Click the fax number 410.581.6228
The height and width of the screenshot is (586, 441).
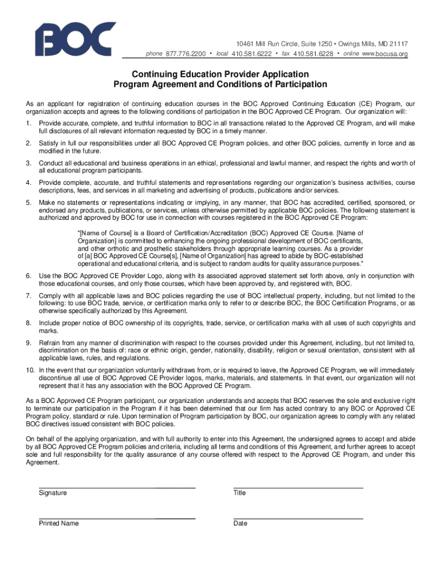313,54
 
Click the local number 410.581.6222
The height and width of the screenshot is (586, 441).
251,54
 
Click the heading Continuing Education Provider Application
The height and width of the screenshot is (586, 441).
220,74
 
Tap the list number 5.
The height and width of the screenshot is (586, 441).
29,203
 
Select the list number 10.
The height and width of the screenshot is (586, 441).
30,370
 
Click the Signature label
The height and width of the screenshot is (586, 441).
53,493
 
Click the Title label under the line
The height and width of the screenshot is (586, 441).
239,493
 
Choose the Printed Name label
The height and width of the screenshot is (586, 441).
58,523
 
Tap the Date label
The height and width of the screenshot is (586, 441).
241,523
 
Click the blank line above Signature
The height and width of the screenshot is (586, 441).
117,488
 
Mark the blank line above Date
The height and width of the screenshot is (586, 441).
298,518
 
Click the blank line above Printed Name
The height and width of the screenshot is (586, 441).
117,518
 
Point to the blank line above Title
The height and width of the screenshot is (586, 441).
298,488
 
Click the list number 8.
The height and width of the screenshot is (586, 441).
29,323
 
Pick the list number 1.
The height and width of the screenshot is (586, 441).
29,124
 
